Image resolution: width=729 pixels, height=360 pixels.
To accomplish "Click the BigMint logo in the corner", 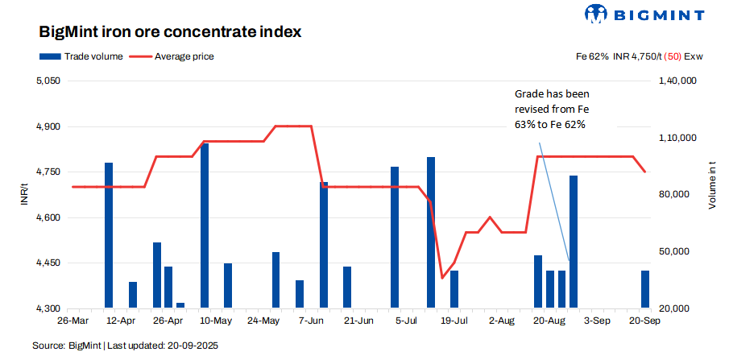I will point(644,14).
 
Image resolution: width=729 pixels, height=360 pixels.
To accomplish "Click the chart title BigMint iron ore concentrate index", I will point(170,32).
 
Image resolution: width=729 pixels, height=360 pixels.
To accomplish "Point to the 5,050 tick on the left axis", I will point(49,81).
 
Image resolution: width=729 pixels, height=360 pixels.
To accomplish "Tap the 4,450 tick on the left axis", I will point(49,263).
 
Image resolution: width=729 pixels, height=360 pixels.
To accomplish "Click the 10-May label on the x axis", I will point(215,320).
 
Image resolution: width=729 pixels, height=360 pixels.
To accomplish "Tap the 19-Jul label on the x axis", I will point(454,320).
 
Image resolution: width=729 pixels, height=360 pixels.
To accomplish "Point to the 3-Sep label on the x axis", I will point(597,320).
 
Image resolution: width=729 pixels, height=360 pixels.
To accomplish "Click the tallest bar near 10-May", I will point(205,226).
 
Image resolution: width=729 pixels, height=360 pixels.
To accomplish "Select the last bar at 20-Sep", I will point(645,289).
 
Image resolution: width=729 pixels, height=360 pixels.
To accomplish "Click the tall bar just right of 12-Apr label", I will point(109,235).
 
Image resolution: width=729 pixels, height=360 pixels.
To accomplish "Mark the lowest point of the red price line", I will point(441,278).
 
